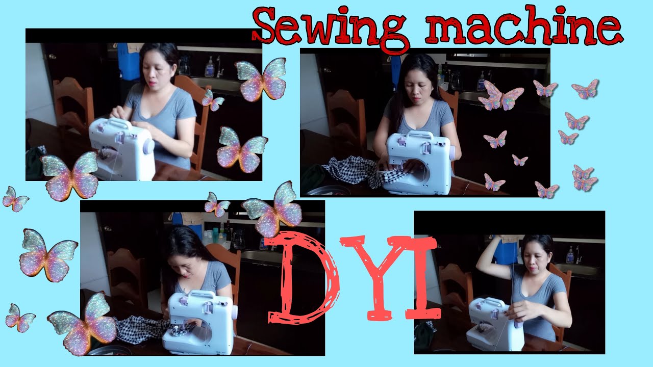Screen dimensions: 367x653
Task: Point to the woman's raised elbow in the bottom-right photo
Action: coord(483,257)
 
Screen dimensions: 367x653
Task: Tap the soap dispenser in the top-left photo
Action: coord(209,67)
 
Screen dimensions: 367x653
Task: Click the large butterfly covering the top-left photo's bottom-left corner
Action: coord(70,175)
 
